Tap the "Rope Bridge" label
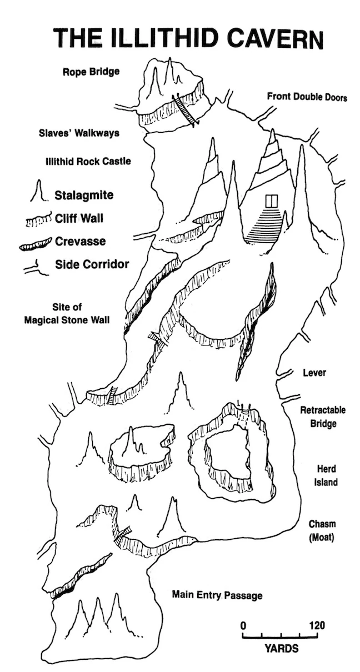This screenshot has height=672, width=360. click(x=91, y=72)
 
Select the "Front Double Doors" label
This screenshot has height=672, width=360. click(x=307, y=97)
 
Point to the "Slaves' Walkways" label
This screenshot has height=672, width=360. click(x=79, y=133)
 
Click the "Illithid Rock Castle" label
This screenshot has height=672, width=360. click(x=88, y=162)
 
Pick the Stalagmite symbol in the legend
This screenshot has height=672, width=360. click(x=38, y=193)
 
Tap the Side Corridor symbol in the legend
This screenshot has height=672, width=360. click(x=37, y=265)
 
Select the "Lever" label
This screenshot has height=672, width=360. click(x=314, y=373)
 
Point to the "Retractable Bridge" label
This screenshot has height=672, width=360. click(x=323, y=417)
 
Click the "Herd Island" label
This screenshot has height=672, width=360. click(x=326, y=475)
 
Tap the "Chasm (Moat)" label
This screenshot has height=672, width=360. click(x=323, y=531)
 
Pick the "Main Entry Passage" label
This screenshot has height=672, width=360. click(x=217, y=595)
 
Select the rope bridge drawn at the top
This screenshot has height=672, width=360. click(x=185, y=110)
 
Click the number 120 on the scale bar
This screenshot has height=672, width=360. click(x=316, y=625)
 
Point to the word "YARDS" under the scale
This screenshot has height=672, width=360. click(x=281, y=648)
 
